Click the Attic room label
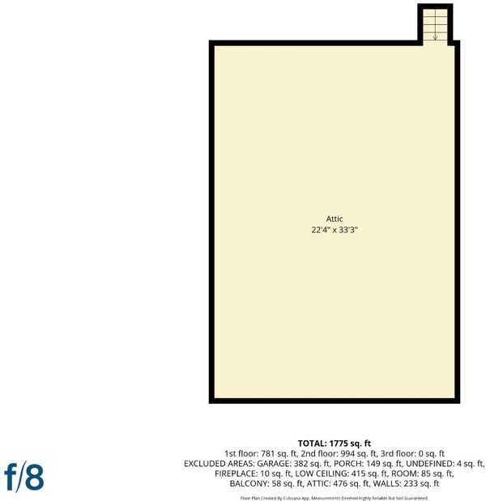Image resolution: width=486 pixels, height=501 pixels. click(334, 219)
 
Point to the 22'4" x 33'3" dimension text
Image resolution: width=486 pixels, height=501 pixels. click(334, 230)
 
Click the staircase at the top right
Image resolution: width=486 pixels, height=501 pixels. click(435, 25)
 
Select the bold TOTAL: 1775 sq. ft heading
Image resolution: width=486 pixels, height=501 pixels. click(334, 444)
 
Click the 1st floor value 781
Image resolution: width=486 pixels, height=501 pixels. click(267, 454)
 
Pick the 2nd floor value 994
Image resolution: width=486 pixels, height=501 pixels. click(348, 454)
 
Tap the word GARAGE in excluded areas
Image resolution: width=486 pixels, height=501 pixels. click(274, 464)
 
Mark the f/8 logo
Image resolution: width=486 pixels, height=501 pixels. click(24, 477)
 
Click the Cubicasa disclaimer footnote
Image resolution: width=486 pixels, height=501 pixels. click(334, 498)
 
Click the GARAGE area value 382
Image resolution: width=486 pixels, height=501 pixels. click(301, 464)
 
